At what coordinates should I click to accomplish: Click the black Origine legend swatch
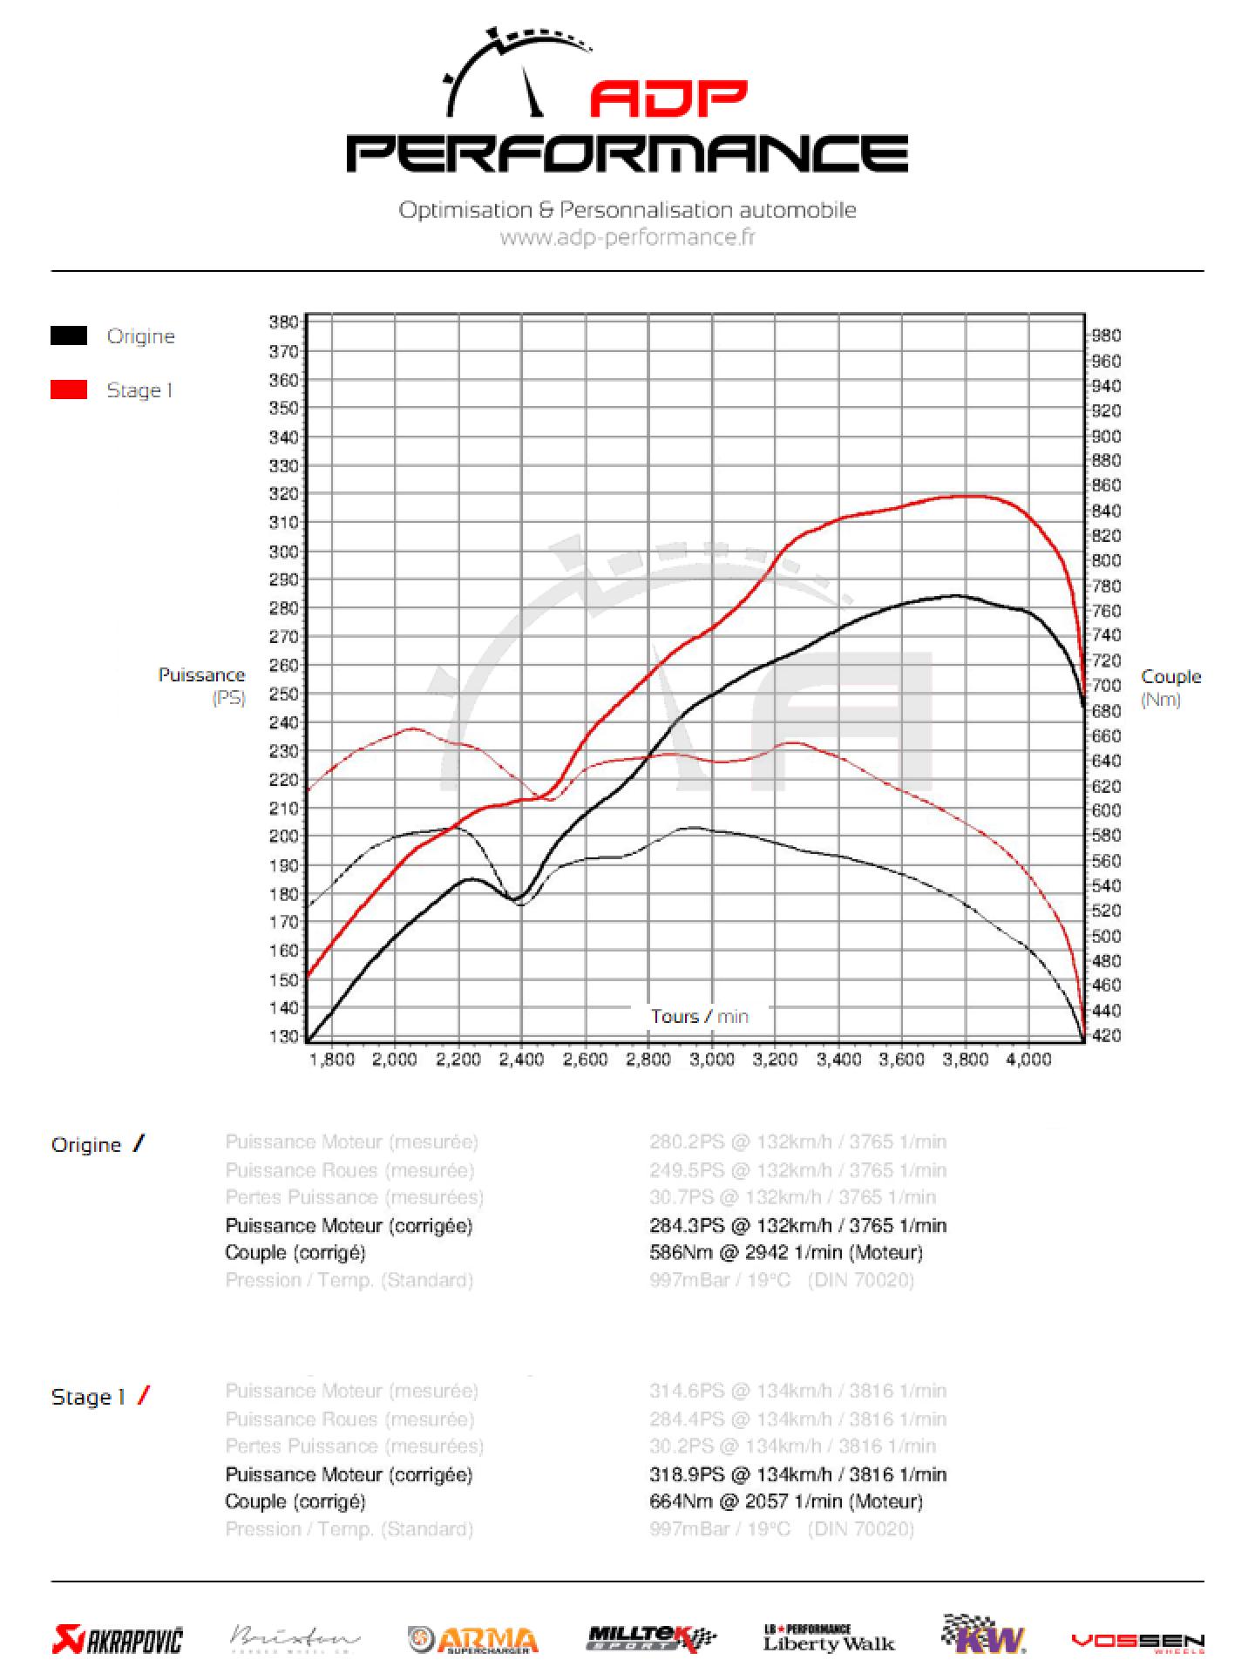(69, 335)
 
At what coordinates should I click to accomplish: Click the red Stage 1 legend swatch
(69, 389)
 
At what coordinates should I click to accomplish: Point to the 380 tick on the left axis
(284, 322)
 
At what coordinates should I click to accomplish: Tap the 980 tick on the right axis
(1106, 335)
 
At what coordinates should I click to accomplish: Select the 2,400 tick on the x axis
(521, 1060)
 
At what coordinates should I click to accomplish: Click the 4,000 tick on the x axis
(1029, 1060)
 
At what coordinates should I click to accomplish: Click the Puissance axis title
(201, 675)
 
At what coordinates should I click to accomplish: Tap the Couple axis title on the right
(1170, 677)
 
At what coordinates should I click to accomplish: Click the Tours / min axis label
(699, 1016)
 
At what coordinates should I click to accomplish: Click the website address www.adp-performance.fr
(627, 237)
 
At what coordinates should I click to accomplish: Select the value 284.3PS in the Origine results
(687, 1225)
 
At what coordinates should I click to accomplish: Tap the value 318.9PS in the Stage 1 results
(687, 1474)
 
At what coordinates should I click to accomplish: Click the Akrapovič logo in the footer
(118, 1640)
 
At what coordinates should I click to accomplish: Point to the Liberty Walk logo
(829, 1639)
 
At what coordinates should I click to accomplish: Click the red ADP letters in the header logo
(668, 99)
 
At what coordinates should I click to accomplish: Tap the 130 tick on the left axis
(284, 1036)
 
